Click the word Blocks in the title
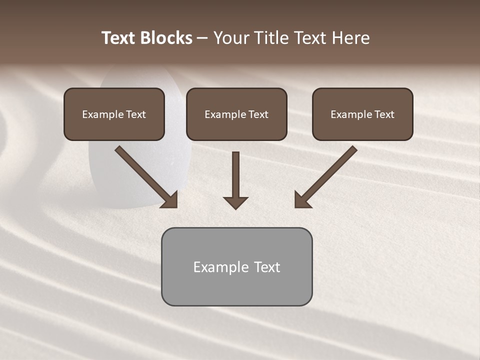click(166, 38)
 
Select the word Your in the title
click(232, 38)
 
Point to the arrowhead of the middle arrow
click(235, 202)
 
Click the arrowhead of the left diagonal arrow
click(170, 199)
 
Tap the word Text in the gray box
click(267, 267)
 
